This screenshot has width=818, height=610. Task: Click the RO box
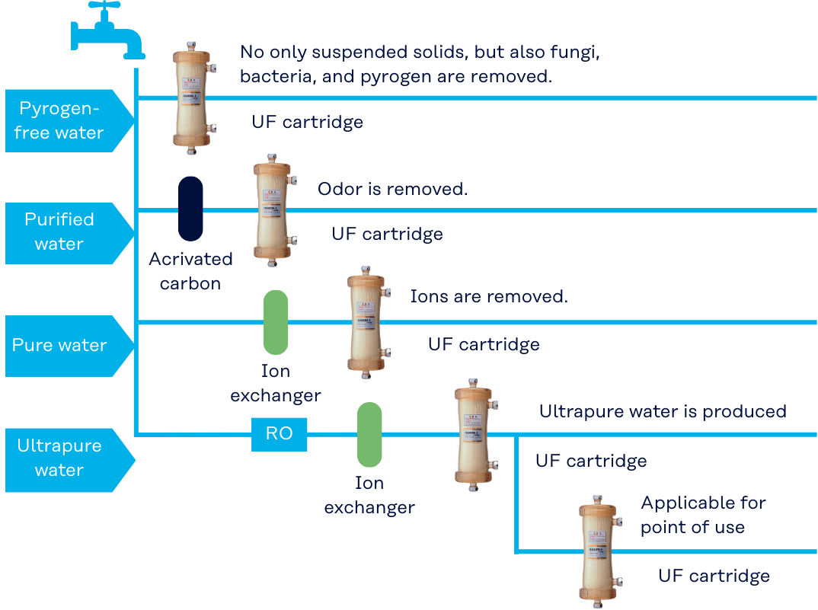[x=279, y=434]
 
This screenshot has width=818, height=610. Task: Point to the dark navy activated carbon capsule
[x=190, y=209]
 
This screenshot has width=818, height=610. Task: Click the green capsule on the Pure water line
[x=275, y=321]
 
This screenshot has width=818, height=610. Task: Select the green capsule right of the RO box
[x=369, y=434]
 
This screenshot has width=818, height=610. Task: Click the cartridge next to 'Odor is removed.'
[x=273, y=211]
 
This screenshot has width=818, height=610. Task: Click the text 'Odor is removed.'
[x=392, y=189]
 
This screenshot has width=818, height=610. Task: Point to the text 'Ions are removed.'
[x=489, y=296]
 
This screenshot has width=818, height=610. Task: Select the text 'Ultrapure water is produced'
[x=663, y=411]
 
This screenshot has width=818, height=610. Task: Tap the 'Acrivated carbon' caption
[x=190, y=271]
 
